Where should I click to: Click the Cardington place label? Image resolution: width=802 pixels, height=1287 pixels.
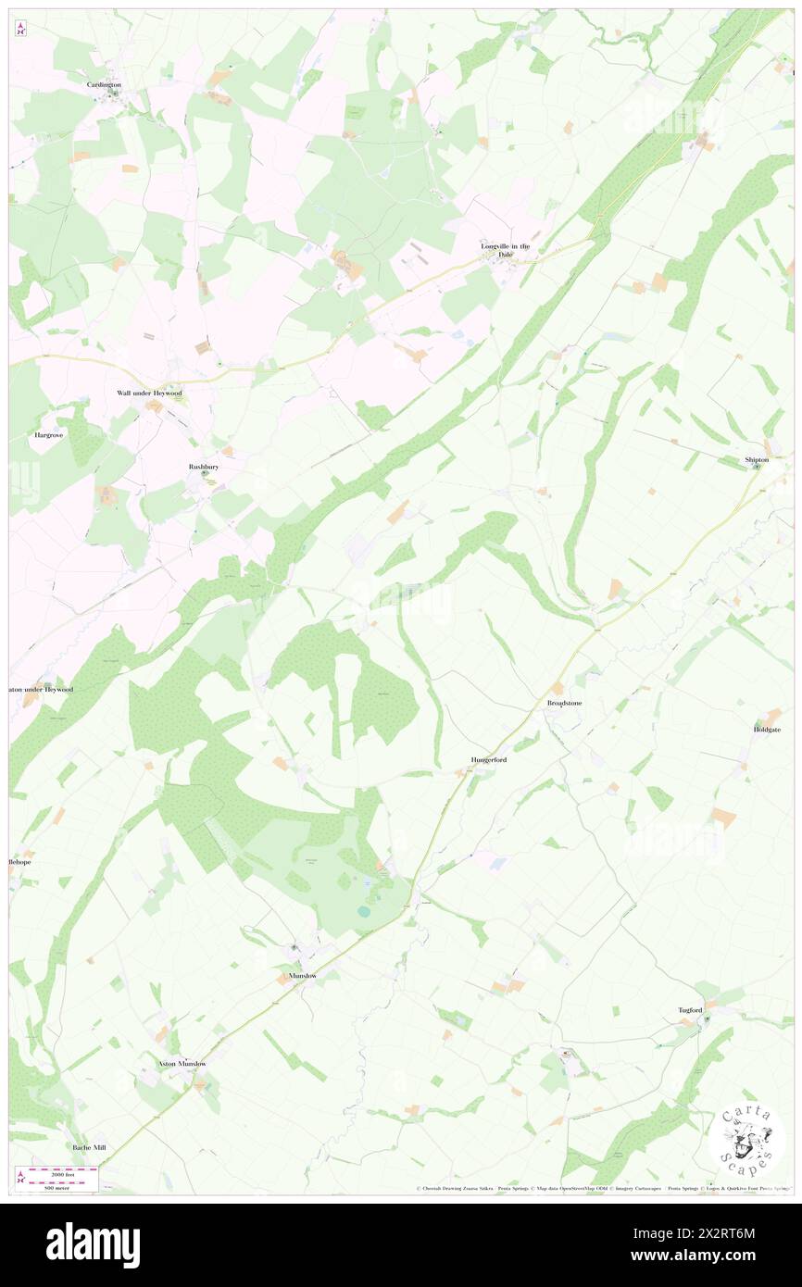click(x=105, y=84)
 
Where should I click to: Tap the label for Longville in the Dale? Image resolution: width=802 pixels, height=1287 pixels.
click(x=505, y=250)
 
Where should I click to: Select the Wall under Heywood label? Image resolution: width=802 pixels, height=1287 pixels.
click(x=149, y=394)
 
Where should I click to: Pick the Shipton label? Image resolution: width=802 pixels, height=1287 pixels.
click(x=757, y=459)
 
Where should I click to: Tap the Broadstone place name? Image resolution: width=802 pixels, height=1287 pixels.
click(x=564, y=704)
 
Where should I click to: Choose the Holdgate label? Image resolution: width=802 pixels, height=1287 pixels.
click(x=767, y=730)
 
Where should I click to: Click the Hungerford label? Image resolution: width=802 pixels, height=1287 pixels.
click(x=488, y=759)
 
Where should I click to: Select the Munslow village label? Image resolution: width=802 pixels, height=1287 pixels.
click(x=296, y=976)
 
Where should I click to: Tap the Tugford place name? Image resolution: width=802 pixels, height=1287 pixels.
click(x=691, y=1009)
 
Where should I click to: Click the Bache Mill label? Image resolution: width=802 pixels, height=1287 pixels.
click(x=90, y=1147)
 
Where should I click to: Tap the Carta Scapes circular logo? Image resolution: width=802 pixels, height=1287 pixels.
click(x=746, y=1139)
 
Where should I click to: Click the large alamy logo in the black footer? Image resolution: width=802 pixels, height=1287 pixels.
click(x=93, y=1244)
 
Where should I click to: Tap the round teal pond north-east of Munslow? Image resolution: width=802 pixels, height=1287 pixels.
click(x=363, y=911)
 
